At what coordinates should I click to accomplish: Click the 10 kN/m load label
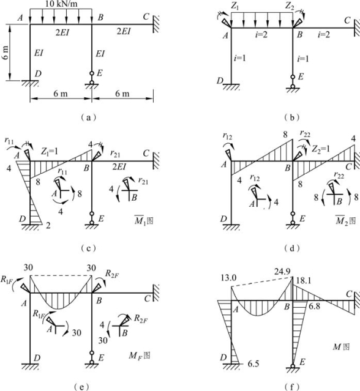61,4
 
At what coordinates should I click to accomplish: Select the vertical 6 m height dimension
10,53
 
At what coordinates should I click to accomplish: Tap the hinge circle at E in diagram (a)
92,73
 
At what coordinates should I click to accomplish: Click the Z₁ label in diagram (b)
234,6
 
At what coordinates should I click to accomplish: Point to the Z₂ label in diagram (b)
290,6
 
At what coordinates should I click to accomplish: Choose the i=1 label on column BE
303,59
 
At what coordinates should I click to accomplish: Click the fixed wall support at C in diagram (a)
156,24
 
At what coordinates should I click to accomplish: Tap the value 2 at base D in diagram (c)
48,225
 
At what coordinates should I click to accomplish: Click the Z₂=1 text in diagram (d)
321,149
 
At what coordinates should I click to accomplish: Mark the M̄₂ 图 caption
345,220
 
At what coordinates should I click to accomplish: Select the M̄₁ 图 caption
144,220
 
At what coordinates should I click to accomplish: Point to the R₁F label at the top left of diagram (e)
7,280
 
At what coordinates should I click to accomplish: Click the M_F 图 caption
140,356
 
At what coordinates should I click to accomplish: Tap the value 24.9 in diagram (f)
282,272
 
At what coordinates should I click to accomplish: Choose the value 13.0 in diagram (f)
228,278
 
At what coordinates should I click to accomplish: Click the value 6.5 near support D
253,364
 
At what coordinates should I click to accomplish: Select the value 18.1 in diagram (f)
304,281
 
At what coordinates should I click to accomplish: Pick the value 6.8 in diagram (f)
314,306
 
